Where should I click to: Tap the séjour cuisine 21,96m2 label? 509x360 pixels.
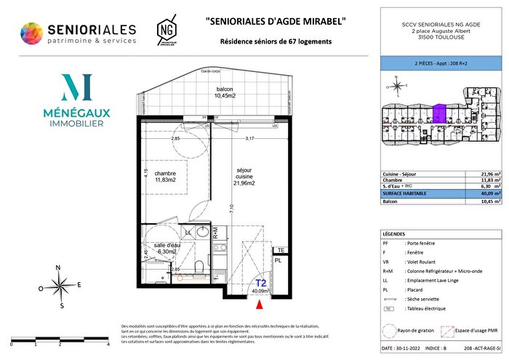coord(244,177)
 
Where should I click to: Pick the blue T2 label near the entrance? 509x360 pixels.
coord(259,284)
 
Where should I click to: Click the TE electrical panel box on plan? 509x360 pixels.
coord(279,250)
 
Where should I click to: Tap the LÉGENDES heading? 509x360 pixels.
coord(397,233)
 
